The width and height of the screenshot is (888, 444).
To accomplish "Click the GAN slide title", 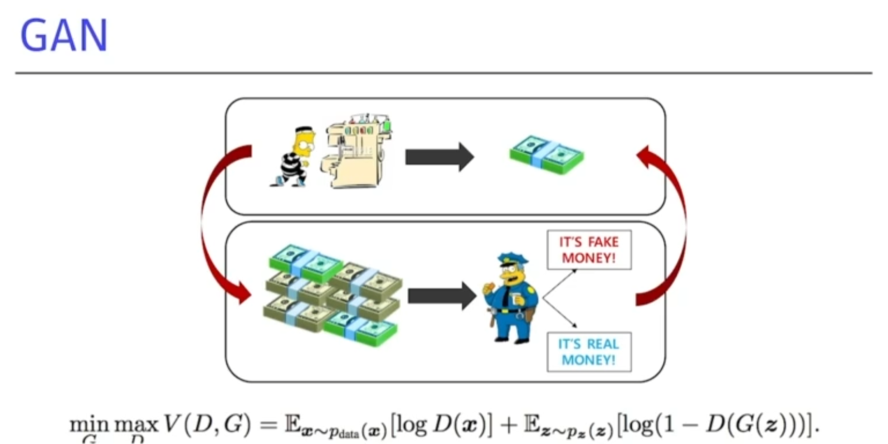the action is (x=64, y=36).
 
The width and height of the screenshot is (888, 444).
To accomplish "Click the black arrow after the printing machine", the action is (x=439, y=157).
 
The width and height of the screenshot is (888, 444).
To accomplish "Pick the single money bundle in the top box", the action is (x=546, y=154).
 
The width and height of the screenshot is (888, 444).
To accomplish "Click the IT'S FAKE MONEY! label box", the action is (x=589, y=250).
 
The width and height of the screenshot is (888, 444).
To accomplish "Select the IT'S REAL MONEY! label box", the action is (x=589, y=351).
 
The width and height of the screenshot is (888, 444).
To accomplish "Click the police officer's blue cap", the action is (x=511, y=260).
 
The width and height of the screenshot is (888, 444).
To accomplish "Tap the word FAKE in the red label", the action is (x=603, y=242).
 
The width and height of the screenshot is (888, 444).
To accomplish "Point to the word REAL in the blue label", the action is (x=603, y=344).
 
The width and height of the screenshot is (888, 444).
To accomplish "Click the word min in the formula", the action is (x=89, y=426).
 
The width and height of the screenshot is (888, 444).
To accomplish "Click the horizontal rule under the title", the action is (x=443, y=73).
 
